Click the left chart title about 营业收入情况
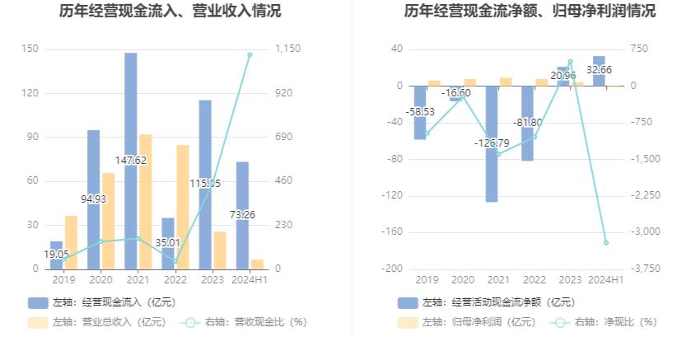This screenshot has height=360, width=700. pyautogui.click(x=170, y=12)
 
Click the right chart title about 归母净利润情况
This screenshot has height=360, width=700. pyautogui.click(x=530, y=12)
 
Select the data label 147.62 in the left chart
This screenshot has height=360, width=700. pyautogui.click(x=131, y=161)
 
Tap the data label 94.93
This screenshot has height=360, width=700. pyautogui.click(x=93, y=199)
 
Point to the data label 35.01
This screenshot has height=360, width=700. pyautogui.click(x=168, y=243)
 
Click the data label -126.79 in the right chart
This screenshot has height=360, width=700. pyautogui.click(x=491, y=143)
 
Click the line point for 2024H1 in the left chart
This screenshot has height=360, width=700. pyautogui.click(x=250, y=54)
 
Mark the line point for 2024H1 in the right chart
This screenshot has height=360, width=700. pyautogui.click(x=606, y=242)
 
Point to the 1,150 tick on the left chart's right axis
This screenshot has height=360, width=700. pyautogui.click(x=287, y=49)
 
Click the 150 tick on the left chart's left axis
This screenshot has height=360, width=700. pyautogui.click(x=30, y=49)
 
